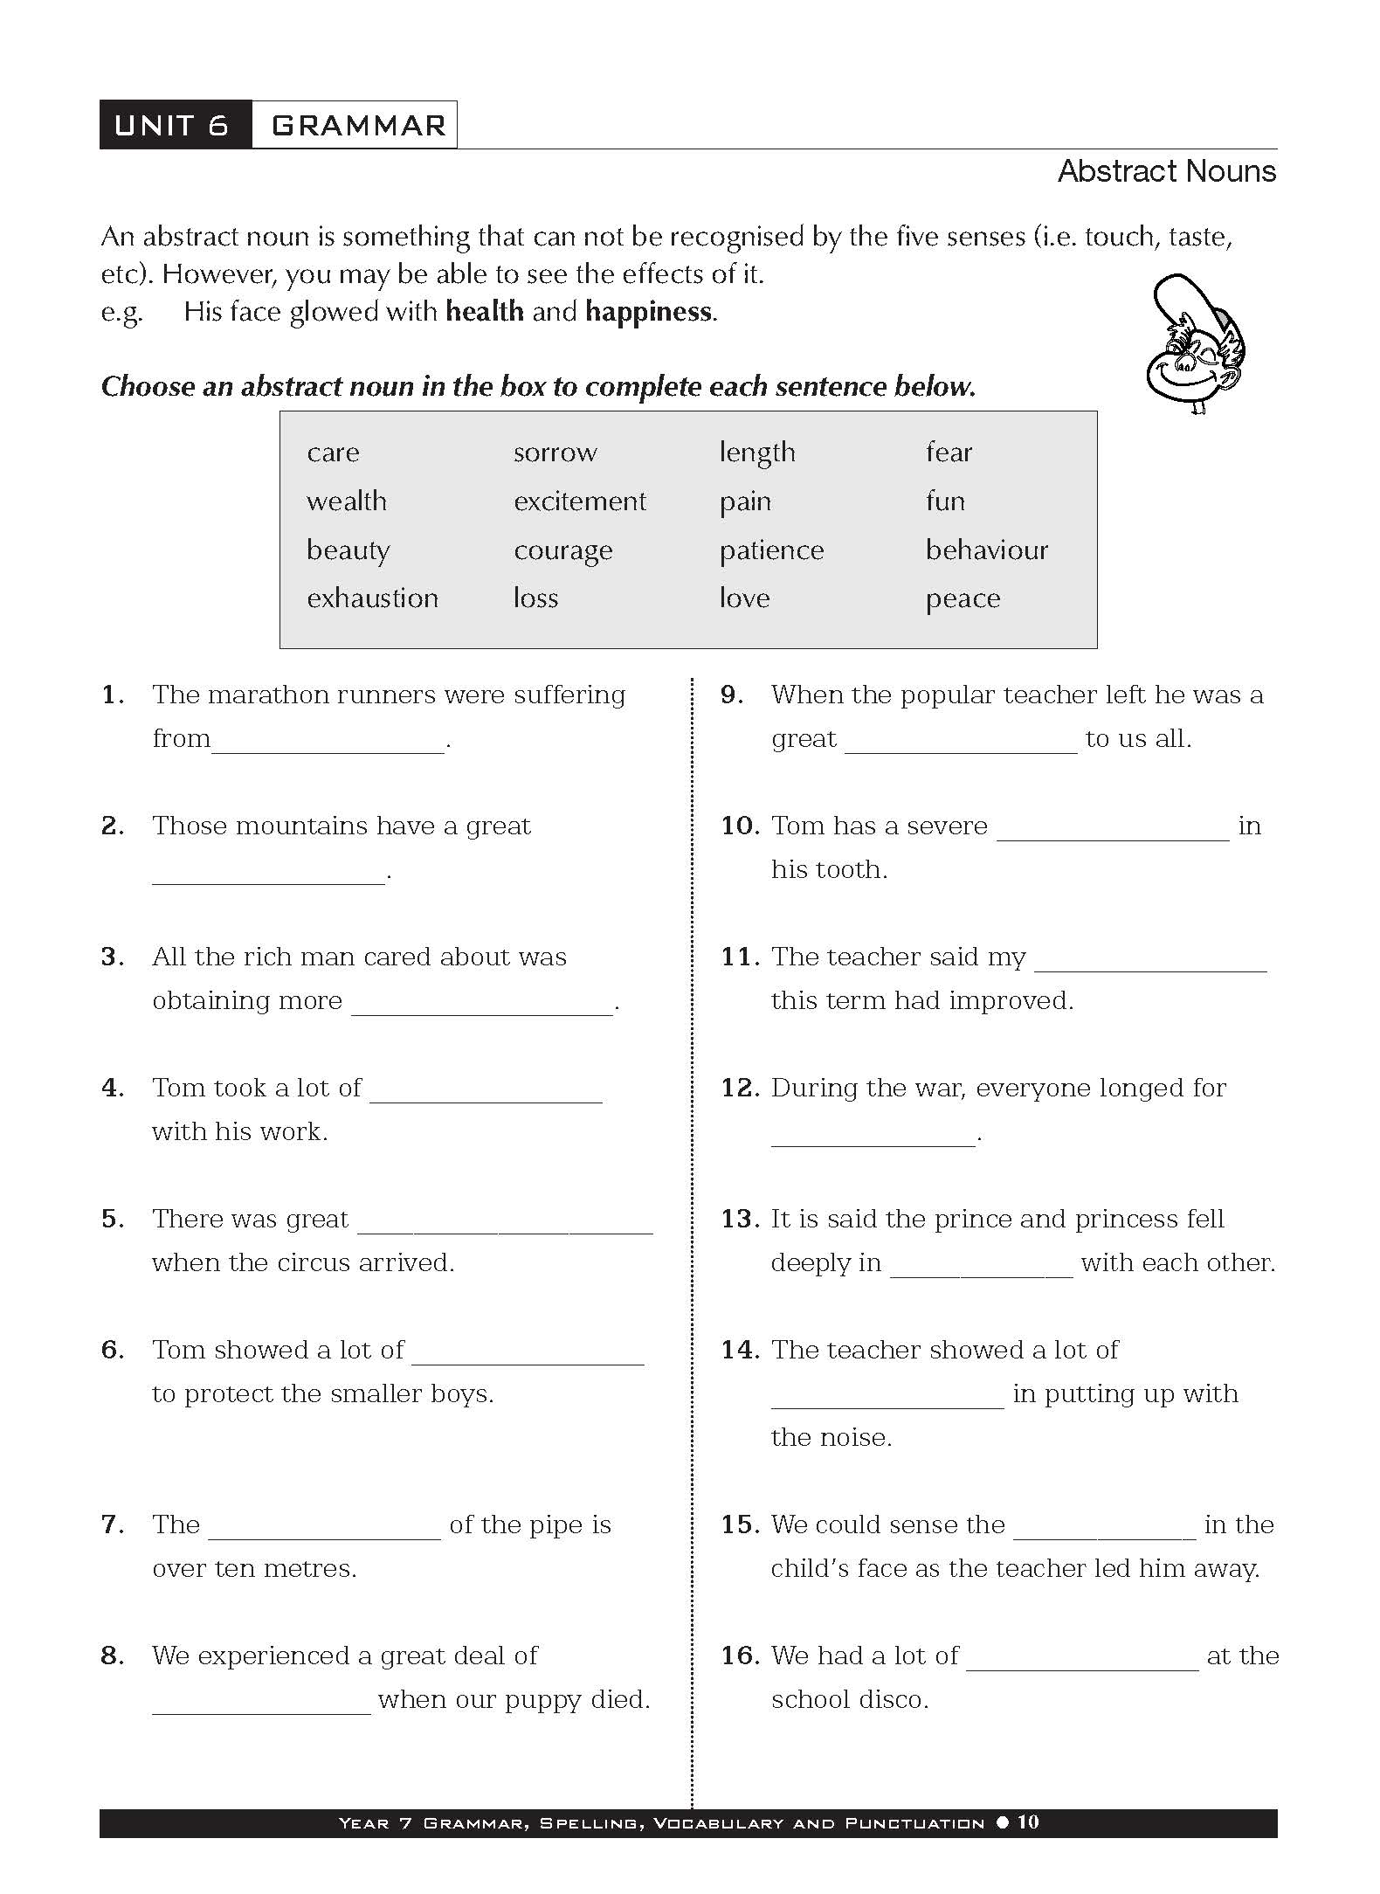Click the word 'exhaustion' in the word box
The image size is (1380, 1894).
pyautogui.click(x=372, y=598)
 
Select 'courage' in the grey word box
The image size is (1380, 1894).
pyautogui.click(x=562, y=550)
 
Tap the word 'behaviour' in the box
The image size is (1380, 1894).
pyautogui.click(x=986, y=550)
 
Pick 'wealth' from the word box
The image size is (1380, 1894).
pyautogui.click(x=346, y=501)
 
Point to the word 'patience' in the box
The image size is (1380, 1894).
pyautogui.click(x=771, y=550)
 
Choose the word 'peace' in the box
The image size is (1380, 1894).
pyautogui.click(x=963, y=598)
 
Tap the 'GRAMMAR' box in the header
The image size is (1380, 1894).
pyautogui.click(x=356, y=125)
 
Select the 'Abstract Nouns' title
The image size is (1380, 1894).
pyautogui.click(x=1166, y=171)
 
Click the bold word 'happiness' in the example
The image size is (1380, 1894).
pyautogui.click(x=648, y=312)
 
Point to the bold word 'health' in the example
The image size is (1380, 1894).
pyautogui.click(x=485, y=312)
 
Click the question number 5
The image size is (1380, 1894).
pyautogui.click(x=114, y=1219)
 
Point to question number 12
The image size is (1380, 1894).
pyautogui.click(x=739, y=1088)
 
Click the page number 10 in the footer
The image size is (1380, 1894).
pyautogui.click(x=1028, y=1822)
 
